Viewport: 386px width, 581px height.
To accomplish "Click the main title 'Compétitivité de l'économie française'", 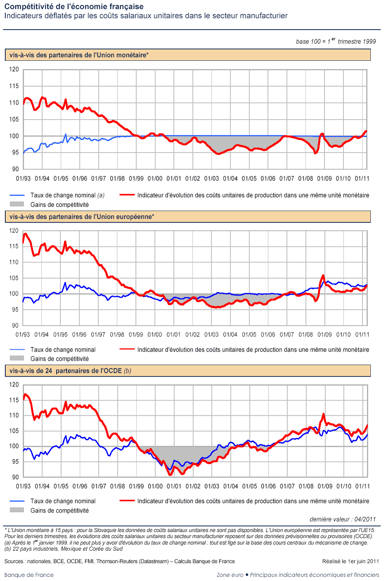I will click(x=74, y=6).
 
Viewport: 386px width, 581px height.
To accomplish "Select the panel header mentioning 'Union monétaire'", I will click(x=79, y=55).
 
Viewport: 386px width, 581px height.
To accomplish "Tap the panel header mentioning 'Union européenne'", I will click(x=82, y=217).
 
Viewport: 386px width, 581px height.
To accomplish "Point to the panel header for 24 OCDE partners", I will click(x=70, y=371).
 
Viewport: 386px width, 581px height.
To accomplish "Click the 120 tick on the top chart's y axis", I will click(x=14, y=69).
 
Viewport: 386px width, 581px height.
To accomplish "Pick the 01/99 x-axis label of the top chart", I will click(x=136, y=178).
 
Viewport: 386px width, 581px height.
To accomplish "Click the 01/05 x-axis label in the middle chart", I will click(x=249, y=335).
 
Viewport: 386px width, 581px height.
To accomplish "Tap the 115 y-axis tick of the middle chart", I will click(x=14, y=246).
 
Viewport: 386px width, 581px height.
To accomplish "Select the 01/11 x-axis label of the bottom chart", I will click(x=362, y=486).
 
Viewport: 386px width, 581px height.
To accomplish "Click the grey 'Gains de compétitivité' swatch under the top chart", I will click(x=17, y=204).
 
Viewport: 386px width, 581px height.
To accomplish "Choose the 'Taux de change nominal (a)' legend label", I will click(x=67, y=195).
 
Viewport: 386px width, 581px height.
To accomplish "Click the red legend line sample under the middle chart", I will click(x=127, y=349).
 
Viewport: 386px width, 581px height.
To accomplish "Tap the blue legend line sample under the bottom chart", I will click(x=17, y=501).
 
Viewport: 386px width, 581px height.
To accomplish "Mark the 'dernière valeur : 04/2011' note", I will click(x=342, y=519).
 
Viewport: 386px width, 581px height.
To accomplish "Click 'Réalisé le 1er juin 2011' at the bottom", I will click(x=350, y=561).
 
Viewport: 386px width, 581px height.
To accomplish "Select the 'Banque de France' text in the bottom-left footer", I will click(x=29, y=575).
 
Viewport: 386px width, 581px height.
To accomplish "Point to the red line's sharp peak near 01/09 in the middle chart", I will click(x=323, y=275).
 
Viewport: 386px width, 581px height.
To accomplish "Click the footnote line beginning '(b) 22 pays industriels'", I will click(x=63, y=549).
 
